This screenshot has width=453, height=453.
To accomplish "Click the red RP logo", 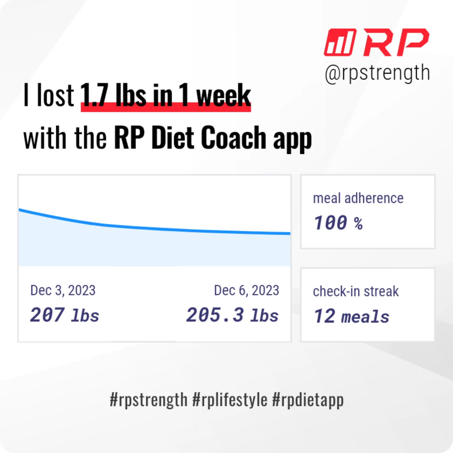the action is point(376,42).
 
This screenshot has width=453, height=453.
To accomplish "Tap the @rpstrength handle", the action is point(377,73).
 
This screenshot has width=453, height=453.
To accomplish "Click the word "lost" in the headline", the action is point(55,95).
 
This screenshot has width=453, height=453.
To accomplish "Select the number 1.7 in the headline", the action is point(94,95).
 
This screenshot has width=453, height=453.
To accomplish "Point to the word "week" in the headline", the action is point(224,95).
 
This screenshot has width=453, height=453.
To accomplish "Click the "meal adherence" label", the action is point(358,198).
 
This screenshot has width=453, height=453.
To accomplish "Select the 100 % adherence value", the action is point(338,223).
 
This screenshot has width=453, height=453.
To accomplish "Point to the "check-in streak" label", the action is point(356,291).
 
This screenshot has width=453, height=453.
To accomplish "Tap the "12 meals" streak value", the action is point(352,316).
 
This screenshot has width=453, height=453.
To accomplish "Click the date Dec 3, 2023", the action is point(63,290).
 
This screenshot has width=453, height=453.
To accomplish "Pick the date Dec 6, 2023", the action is point(246,290).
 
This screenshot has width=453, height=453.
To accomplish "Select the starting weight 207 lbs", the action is point(65,315).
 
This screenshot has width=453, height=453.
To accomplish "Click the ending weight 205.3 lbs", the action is point(232,315).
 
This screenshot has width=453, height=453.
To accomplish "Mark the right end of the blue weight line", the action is point(290,234).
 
